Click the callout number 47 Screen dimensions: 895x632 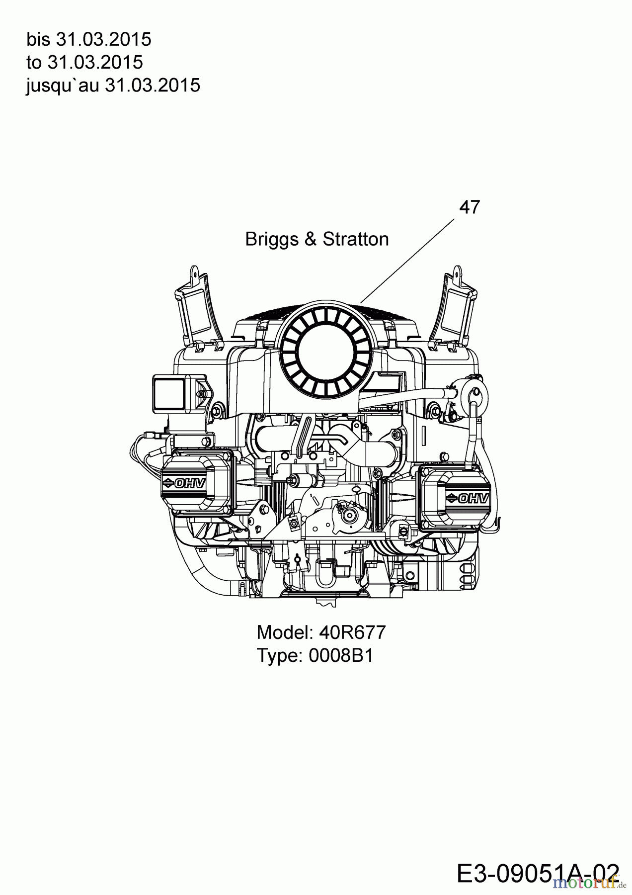click(469, 207)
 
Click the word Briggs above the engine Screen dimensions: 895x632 click(271, 240)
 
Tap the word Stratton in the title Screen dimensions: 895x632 click(356, 240)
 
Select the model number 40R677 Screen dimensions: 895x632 click(352, 632)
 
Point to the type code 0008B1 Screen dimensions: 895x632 click(341, 655)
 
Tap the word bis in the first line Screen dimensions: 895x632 click(38, 39)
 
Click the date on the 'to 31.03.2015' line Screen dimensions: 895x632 click(95, 63)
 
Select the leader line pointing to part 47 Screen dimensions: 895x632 click(407, 261)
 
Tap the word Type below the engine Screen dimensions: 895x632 click(279, 655)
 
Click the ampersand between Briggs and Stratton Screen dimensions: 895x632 click(311, 240)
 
